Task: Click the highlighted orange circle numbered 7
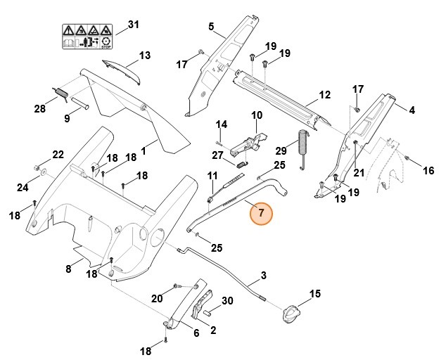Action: coord(261,213)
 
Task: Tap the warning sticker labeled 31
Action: coord(85,34)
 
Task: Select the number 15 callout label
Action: coord(314,293)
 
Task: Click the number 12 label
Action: coord(324,95)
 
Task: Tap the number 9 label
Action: coord(68,119)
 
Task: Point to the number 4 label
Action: coord(412,110)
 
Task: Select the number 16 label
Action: coord(428,171)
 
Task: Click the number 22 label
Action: coord(58,155)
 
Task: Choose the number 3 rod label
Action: coord(264,275)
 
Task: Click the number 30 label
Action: coord(227,301)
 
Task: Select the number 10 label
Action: coord(256,115)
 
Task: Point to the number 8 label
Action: coord(68,269)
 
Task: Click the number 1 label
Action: coord(144,150)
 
